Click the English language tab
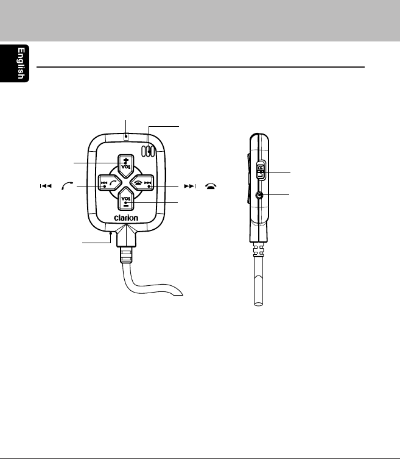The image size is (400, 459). click(x=15, y=63)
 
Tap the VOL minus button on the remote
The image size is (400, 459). click(x=126, y=199)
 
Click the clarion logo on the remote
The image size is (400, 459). click(x=126, y=218)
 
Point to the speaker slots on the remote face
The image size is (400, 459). click(x=148, y=151)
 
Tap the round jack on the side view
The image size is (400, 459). click(x=259, y=195)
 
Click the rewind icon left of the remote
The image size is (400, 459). click(x=46, y=186)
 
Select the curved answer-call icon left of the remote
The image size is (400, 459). click(x=67, y=185)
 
